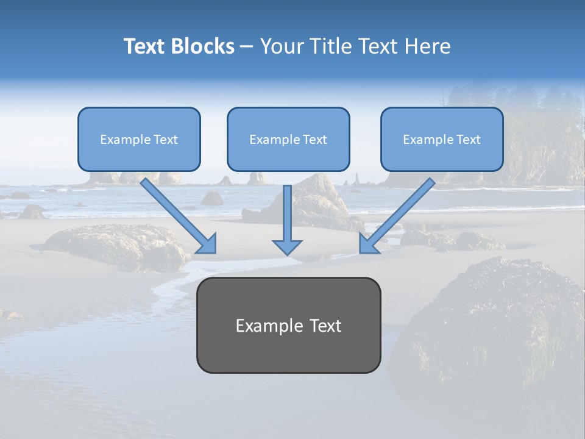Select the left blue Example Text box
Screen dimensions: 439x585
coord(139,139)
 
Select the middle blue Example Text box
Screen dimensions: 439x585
coord(288,139)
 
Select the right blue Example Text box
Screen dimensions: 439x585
coord(442,139)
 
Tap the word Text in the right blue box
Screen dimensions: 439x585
coord(468,140)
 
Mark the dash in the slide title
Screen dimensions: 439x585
coord(247,47)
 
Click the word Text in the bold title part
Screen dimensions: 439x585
coord(144,46)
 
